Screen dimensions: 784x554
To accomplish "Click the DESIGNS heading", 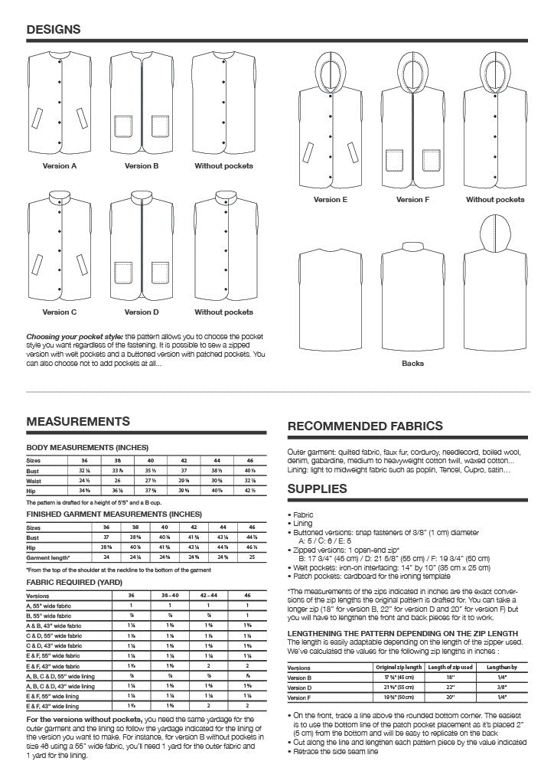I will pos(54,29).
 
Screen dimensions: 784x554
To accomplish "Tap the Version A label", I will pos(60,165).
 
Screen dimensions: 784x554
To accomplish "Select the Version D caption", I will pos(142,312).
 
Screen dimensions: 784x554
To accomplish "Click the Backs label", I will pos(413,363).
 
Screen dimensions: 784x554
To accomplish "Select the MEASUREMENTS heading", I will pos(78,421).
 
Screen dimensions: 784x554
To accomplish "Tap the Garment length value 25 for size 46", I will pos(253,557).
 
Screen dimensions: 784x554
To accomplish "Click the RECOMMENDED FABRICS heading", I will pos(365,426).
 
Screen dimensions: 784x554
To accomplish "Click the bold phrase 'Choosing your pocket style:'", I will pos(74,336).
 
